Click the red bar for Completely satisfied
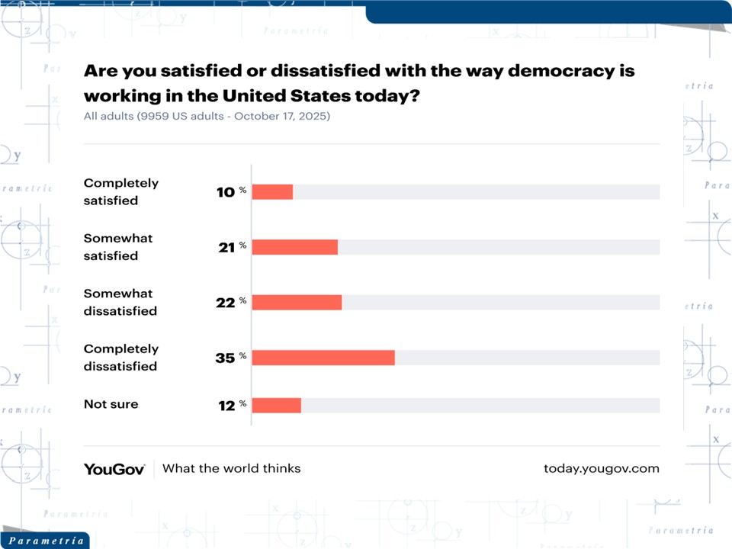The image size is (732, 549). coord(272,192)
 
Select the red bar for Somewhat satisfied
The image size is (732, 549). coord(294,247)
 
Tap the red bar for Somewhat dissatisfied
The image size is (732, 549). coord(297,302)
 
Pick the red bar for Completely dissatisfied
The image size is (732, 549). coord(323,358)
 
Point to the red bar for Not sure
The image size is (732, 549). coord(276,406)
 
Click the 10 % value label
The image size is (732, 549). coord(231,192)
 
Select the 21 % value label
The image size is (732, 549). coord(231,247)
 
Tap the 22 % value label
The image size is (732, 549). coord(231,302)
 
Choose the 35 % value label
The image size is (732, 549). coord(231,358)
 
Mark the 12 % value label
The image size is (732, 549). coord(231,406)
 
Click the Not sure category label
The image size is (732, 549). coord(111,404)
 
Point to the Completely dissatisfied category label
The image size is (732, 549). coord(121,358)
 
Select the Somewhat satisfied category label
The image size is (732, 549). coord(118,247)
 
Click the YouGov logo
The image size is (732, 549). coord(114,469)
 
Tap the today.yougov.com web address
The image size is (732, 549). coord(601,468)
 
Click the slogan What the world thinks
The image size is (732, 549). coord(232,468)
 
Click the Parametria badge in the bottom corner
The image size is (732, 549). coord(43,541)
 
